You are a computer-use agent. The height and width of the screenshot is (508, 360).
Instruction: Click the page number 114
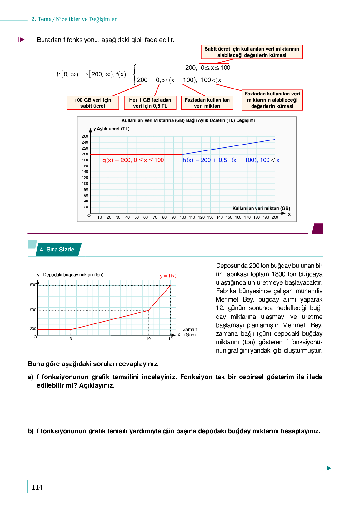(x=37, y=487)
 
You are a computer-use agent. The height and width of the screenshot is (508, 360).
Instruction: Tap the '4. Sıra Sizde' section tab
(x=57, y=250)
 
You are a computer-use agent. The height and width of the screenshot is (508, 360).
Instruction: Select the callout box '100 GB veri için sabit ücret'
(x=93, y=103)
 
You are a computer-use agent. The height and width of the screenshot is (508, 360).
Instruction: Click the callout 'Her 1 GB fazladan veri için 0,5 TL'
(x=150, y=103)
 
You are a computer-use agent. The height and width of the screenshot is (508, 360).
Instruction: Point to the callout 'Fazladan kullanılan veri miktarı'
(x=207, y=103)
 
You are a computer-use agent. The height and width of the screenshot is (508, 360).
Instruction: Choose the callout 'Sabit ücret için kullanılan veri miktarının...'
(x=252, y=52)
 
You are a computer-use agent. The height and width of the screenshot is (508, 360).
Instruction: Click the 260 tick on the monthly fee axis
(x=85, y=136)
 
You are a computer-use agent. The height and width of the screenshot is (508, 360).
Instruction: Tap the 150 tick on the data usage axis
(x=229, y=217)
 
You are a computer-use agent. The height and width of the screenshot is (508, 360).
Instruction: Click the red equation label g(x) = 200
(x=133, y=160)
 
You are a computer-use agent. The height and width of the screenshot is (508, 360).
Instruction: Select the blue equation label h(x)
(x=231, y=160)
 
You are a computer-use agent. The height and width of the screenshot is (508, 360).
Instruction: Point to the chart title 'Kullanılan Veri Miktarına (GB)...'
(x=188, y=120)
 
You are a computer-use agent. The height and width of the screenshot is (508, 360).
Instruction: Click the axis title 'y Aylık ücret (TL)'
(x=111, y=129)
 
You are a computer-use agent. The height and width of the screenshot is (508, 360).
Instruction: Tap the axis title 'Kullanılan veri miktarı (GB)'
(x=261, y=208)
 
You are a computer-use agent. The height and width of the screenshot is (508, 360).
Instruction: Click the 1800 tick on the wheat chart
(x=32, y=285)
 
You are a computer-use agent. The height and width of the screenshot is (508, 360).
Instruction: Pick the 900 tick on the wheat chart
(x=33, y=310)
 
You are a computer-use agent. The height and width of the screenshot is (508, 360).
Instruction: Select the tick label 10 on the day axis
(x=148, y=339)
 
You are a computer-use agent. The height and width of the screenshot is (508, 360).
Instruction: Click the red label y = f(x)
(x=168, y=276)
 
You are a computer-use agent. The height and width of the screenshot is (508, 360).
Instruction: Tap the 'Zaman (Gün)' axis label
(x=190, y=332)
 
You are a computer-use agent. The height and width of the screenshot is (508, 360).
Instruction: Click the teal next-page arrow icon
(x=329, y=468)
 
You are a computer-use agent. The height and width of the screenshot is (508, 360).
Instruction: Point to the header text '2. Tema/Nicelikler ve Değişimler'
(x=74, y=19)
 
